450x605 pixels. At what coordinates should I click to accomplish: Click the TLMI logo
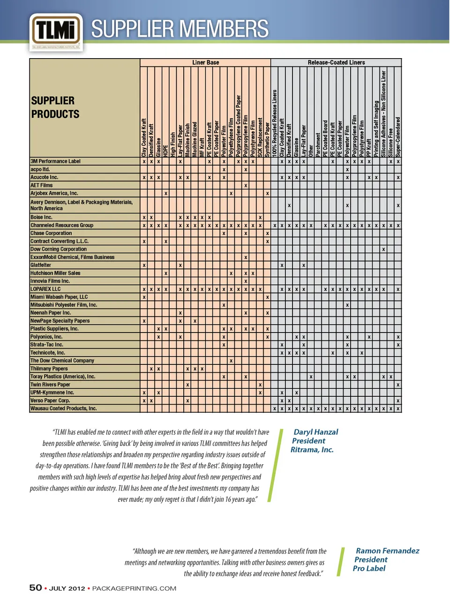point(56,31)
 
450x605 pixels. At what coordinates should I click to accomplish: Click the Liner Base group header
point(205,62)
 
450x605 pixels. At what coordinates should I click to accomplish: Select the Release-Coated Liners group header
point(336,62)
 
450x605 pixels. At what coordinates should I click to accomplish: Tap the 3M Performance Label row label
point(55,161)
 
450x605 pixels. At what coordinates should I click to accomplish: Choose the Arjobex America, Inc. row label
point(54,193)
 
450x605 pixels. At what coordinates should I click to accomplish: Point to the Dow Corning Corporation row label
point(58,249)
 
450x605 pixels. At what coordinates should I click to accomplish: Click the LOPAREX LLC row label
point(45,289)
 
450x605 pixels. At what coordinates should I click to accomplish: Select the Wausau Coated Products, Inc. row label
point(63,408)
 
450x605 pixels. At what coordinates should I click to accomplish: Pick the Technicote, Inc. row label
point(47,353)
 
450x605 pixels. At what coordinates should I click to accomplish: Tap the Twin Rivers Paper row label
point(50,385)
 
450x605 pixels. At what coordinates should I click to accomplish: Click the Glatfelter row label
point(41,265)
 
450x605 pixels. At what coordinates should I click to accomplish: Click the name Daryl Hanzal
point(315,432)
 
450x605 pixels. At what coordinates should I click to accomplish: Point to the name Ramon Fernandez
point(387,551)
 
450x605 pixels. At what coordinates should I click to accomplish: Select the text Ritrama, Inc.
point(312,450)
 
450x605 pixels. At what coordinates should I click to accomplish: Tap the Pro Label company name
point(369,568)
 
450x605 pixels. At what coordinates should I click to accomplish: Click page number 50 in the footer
point(36,588)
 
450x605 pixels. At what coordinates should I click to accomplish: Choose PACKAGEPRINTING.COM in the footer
point(134,589)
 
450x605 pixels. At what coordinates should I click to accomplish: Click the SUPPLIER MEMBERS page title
point(180,29)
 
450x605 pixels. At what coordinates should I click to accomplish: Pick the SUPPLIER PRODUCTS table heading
point(55,107)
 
